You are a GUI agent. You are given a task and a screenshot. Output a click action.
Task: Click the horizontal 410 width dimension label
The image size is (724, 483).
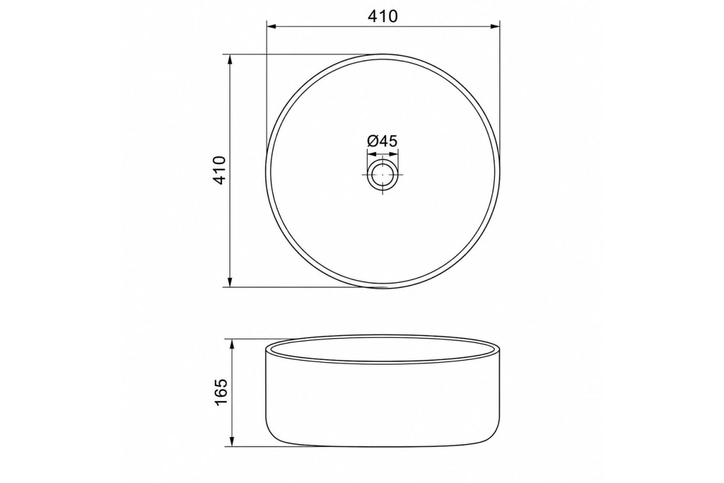tap(383, 16)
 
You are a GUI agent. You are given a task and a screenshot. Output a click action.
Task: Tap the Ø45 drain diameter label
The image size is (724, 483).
tap(382, 141)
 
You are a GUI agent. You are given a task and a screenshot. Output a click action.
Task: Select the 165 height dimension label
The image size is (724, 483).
tap(221, 392)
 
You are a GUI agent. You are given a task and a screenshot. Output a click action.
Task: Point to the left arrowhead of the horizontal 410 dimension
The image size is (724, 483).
tap(271, 27)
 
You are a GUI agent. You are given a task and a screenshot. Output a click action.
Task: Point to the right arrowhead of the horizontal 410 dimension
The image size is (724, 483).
tap(495, 27)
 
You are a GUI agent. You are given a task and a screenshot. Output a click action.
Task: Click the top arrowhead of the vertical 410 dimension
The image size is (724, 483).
tap(230, 59)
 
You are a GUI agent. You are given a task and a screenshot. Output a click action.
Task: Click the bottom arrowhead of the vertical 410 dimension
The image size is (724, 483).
tap(230, 283)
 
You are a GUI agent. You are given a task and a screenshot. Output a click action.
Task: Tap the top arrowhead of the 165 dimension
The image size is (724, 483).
tap(232, 344)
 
